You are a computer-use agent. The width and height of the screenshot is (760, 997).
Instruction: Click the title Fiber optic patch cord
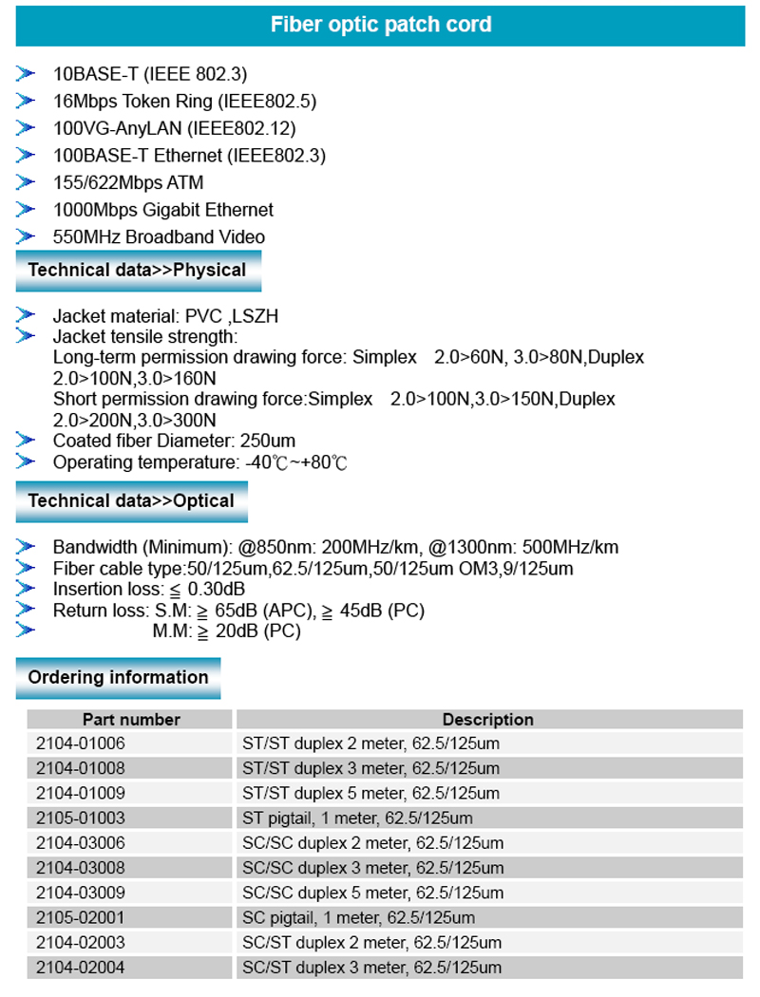(381, 25)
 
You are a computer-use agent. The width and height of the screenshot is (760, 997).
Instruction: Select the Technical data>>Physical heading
(137, 270)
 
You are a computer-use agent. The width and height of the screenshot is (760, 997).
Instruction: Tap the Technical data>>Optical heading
(131, 500)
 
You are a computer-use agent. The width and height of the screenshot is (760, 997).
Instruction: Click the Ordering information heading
(118, 677)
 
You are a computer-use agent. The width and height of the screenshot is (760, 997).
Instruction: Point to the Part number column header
(131, 720)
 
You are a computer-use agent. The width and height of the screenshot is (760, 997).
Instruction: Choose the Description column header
(488, 720)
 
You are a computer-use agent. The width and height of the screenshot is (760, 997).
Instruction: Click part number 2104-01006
(81, 743)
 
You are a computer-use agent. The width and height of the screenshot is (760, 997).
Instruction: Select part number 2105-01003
(81, 818)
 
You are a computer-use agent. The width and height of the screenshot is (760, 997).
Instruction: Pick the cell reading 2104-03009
(81, 893)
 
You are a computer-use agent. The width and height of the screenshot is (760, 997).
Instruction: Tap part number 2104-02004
(81, 968)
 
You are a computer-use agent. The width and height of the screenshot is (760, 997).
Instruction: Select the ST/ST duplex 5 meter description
(370, 793)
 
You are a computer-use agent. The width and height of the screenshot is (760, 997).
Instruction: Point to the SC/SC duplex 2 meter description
(372, 843)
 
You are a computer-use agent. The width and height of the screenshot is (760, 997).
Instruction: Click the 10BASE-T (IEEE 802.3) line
(150, 74)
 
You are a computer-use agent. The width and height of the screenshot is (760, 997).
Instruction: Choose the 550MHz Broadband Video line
(159, 236)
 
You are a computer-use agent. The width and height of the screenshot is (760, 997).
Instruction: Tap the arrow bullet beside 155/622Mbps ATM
(26, 182)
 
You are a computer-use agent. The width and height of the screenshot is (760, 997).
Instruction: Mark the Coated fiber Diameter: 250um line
(174, 441)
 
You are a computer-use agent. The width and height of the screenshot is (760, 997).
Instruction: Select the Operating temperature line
(200, 462)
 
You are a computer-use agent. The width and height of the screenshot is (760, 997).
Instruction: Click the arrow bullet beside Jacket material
(26, 315)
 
